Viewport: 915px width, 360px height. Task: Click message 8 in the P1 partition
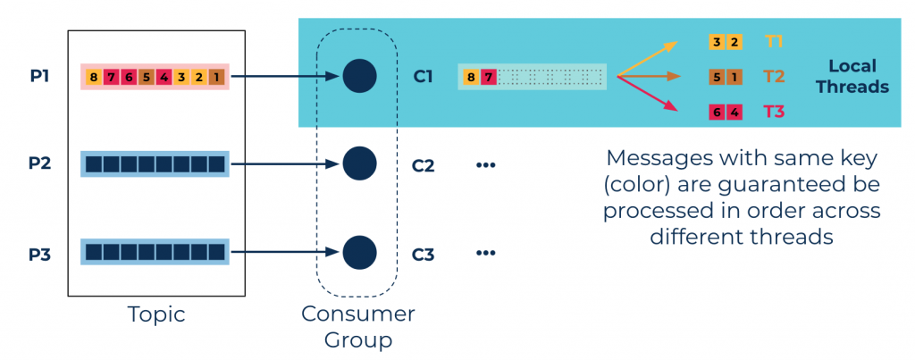(93, 77)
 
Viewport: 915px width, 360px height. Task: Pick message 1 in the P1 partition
(216, 77)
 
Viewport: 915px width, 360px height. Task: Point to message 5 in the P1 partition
(147, 77)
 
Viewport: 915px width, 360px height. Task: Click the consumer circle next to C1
(359, 76)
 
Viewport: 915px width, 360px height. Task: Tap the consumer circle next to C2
(359, 163)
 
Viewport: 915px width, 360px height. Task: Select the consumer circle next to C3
(359, 253)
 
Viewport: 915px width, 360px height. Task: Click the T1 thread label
(774, 42)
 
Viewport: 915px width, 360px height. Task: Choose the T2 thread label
(774, 77)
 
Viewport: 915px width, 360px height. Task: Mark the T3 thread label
(774, 112)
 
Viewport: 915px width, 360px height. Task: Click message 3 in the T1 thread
(717, 42)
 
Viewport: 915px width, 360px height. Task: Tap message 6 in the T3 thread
(717, 112)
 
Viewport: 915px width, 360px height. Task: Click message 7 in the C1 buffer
(489, 77)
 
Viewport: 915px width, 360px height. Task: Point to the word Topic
(156, 314)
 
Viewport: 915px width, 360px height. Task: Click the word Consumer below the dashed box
(358, 314)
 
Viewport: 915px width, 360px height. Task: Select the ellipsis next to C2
(485, 165)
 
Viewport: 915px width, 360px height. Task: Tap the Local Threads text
(852, 77)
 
